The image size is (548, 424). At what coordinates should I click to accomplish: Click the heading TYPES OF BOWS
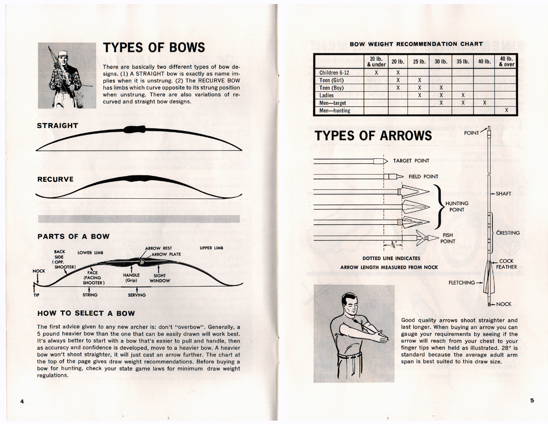(154, 47)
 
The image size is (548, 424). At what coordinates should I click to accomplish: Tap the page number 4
(22, 401)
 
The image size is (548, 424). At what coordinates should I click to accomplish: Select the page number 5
(532, 401)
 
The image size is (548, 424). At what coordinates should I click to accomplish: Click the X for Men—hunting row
(506, 111)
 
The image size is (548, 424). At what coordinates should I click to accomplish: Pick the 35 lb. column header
(462, 62)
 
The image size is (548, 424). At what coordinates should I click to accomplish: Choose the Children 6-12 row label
(334, 73)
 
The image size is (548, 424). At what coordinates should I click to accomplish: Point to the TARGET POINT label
(411, 161)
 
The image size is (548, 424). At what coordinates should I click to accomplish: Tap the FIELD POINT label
(423, 177)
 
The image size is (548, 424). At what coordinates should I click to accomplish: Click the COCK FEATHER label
(506, 264)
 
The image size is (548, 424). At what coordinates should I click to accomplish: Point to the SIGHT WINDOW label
(159, 278)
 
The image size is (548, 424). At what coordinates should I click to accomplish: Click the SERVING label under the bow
(137, 295)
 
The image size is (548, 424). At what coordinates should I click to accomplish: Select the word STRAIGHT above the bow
(57, 126)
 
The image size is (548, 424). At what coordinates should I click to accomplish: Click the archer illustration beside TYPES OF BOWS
(67, 75)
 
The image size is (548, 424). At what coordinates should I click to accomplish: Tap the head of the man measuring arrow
(349, 303)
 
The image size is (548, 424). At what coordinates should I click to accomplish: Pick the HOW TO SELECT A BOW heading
(86, 313)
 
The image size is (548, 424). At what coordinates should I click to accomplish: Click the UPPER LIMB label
(211, 248)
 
